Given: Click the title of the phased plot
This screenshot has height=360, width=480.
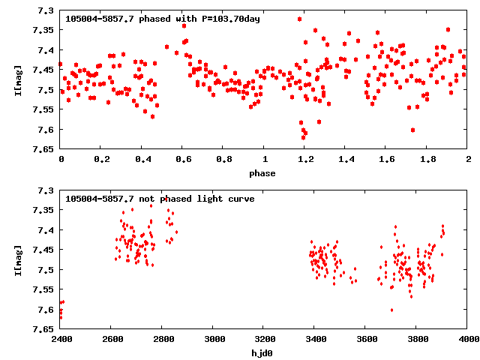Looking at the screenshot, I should pyautogui.click(x=163, y=18).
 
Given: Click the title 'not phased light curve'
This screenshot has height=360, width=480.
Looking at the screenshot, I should pyautogui.click(x=160, y=199).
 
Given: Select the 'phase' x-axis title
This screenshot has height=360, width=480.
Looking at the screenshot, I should pyautogui.click(x=263, y=173).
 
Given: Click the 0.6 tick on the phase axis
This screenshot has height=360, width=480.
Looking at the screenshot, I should pyautogui.click(x=182, y=159).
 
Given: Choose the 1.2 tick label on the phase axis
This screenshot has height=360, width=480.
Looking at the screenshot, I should pyautogui.click(x=304, y=159).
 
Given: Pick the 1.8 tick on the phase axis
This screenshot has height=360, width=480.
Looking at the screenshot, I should pyautogui.click(x=427, y=159).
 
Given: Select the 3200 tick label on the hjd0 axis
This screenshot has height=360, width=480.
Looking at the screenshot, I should pyautogui.click(x=264, y=339).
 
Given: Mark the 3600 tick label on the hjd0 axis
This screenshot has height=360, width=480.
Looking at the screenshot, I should pyautogui.click(x=366, y=339).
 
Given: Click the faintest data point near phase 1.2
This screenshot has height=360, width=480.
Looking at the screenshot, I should pyautogui.click(x=304, y=137).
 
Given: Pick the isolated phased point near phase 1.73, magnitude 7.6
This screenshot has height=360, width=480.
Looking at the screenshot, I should pyautogui.click(x=412, y=130).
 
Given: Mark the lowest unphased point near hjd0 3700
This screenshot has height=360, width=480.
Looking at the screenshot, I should pyautogui.click(x=391, y=310).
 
